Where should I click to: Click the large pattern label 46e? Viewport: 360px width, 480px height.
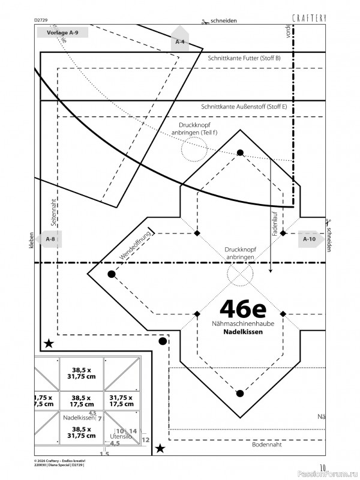point(243,308)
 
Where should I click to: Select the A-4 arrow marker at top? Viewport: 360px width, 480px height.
point(180,41)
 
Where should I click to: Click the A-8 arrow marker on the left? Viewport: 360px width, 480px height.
point(50,239)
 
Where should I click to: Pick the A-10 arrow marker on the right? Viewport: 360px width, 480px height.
point(310,239)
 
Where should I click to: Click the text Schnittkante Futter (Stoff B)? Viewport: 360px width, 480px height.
point(244,58)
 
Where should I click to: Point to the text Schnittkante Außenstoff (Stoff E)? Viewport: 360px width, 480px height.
point(244,107)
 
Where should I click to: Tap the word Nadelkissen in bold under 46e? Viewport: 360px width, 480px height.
point(243,331)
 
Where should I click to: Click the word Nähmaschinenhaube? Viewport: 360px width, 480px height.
point(243,323)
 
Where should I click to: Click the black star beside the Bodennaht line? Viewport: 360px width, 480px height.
point(160,448)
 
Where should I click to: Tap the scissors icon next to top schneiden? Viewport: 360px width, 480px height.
point(205,20)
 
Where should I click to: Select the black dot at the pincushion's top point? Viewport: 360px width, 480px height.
point(240,153)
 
